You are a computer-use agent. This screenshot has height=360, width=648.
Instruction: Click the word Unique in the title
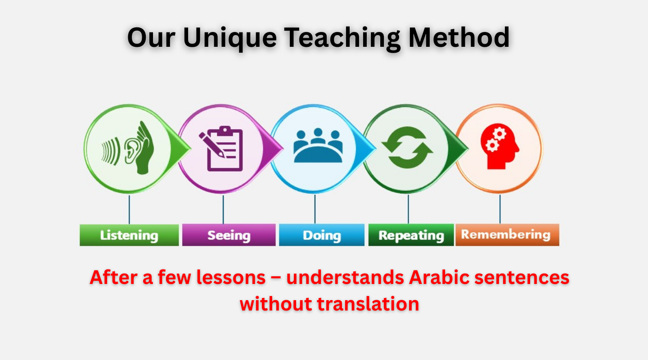pos(230,38)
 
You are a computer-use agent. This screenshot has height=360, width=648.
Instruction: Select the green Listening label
pos(129,235)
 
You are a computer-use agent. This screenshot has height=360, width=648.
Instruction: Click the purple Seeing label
pos(229,235)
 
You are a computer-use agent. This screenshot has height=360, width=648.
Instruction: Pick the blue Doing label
pos(322,235)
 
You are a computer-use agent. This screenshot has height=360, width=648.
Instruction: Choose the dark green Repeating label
pos(411,235)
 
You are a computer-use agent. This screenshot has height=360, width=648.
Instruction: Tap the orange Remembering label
pos(508,235)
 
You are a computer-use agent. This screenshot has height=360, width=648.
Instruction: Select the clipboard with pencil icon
pos(221,148)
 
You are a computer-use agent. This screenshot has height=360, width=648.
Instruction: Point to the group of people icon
pos(318,145)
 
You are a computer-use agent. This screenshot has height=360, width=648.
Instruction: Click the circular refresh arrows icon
pos(407,148)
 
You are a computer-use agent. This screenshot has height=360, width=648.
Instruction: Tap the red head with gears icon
pos(499,146)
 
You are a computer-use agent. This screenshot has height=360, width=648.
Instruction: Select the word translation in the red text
pos(368,304)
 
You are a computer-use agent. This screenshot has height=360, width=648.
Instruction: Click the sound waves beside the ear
pos(111,151)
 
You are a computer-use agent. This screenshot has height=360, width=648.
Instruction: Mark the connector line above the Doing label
pos(315,209)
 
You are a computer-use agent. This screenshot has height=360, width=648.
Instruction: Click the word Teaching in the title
pos(342,38)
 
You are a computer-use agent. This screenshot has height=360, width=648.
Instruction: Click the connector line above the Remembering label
pos(500,209)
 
